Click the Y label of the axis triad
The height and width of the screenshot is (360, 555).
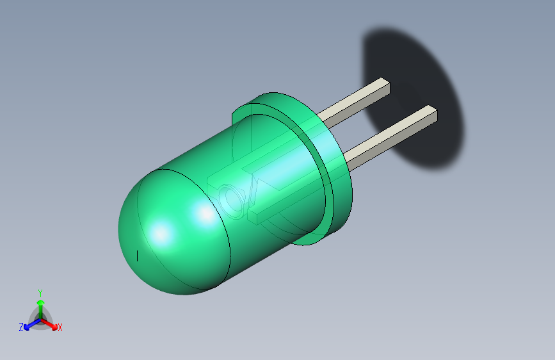click(x=40, y=291)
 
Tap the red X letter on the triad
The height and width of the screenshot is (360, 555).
click(x=60, y=328)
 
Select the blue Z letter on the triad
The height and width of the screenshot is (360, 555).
click(x=21, y=327)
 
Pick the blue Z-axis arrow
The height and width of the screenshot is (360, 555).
click(x=29, y=324)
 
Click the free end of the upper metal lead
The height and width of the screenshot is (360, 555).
click(x=384, y=86)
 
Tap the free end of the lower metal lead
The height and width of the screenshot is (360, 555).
click(x=431, y=114)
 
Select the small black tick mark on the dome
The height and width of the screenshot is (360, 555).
click(x=138, y=256)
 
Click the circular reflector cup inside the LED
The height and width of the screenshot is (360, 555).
click(x=231, y=200)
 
